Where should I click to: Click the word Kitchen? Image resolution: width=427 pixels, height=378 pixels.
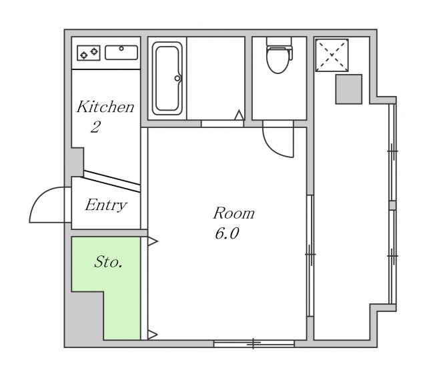pos(105,107)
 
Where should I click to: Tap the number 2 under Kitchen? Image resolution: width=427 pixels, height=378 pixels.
pos(95,127)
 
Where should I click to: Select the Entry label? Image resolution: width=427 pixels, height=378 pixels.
pos(106,205)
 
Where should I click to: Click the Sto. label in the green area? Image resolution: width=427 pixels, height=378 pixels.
pos(108,262)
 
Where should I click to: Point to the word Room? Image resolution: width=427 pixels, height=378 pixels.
pos(234,213)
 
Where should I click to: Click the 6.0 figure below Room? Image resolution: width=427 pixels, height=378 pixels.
pos(227,233)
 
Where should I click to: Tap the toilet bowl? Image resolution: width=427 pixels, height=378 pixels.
pos(278,60)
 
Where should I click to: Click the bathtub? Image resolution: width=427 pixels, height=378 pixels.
pos(167,79)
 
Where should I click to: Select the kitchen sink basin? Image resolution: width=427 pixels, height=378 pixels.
pos(121,53)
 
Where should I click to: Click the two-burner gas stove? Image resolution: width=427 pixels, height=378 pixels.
pos(89,53)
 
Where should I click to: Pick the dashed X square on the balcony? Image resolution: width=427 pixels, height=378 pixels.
pos(332,55)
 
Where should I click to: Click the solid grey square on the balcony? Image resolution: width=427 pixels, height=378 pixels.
pos(349,89)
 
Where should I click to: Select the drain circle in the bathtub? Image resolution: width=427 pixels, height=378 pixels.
pos(177,79)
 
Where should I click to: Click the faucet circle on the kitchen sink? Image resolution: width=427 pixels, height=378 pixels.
pos(121,49)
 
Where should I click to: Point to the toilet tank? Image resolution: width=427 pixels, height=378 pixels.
pos(279,41)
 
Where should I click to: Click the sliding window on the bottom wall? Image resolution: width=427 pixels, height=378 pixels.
pos(254,343)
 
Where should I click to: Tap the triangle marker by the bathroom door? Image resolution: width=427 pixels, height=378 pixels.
pos(239,115)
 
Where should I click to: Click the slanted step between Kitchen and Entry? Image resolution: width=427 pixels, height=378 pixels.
pos(111,181)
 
